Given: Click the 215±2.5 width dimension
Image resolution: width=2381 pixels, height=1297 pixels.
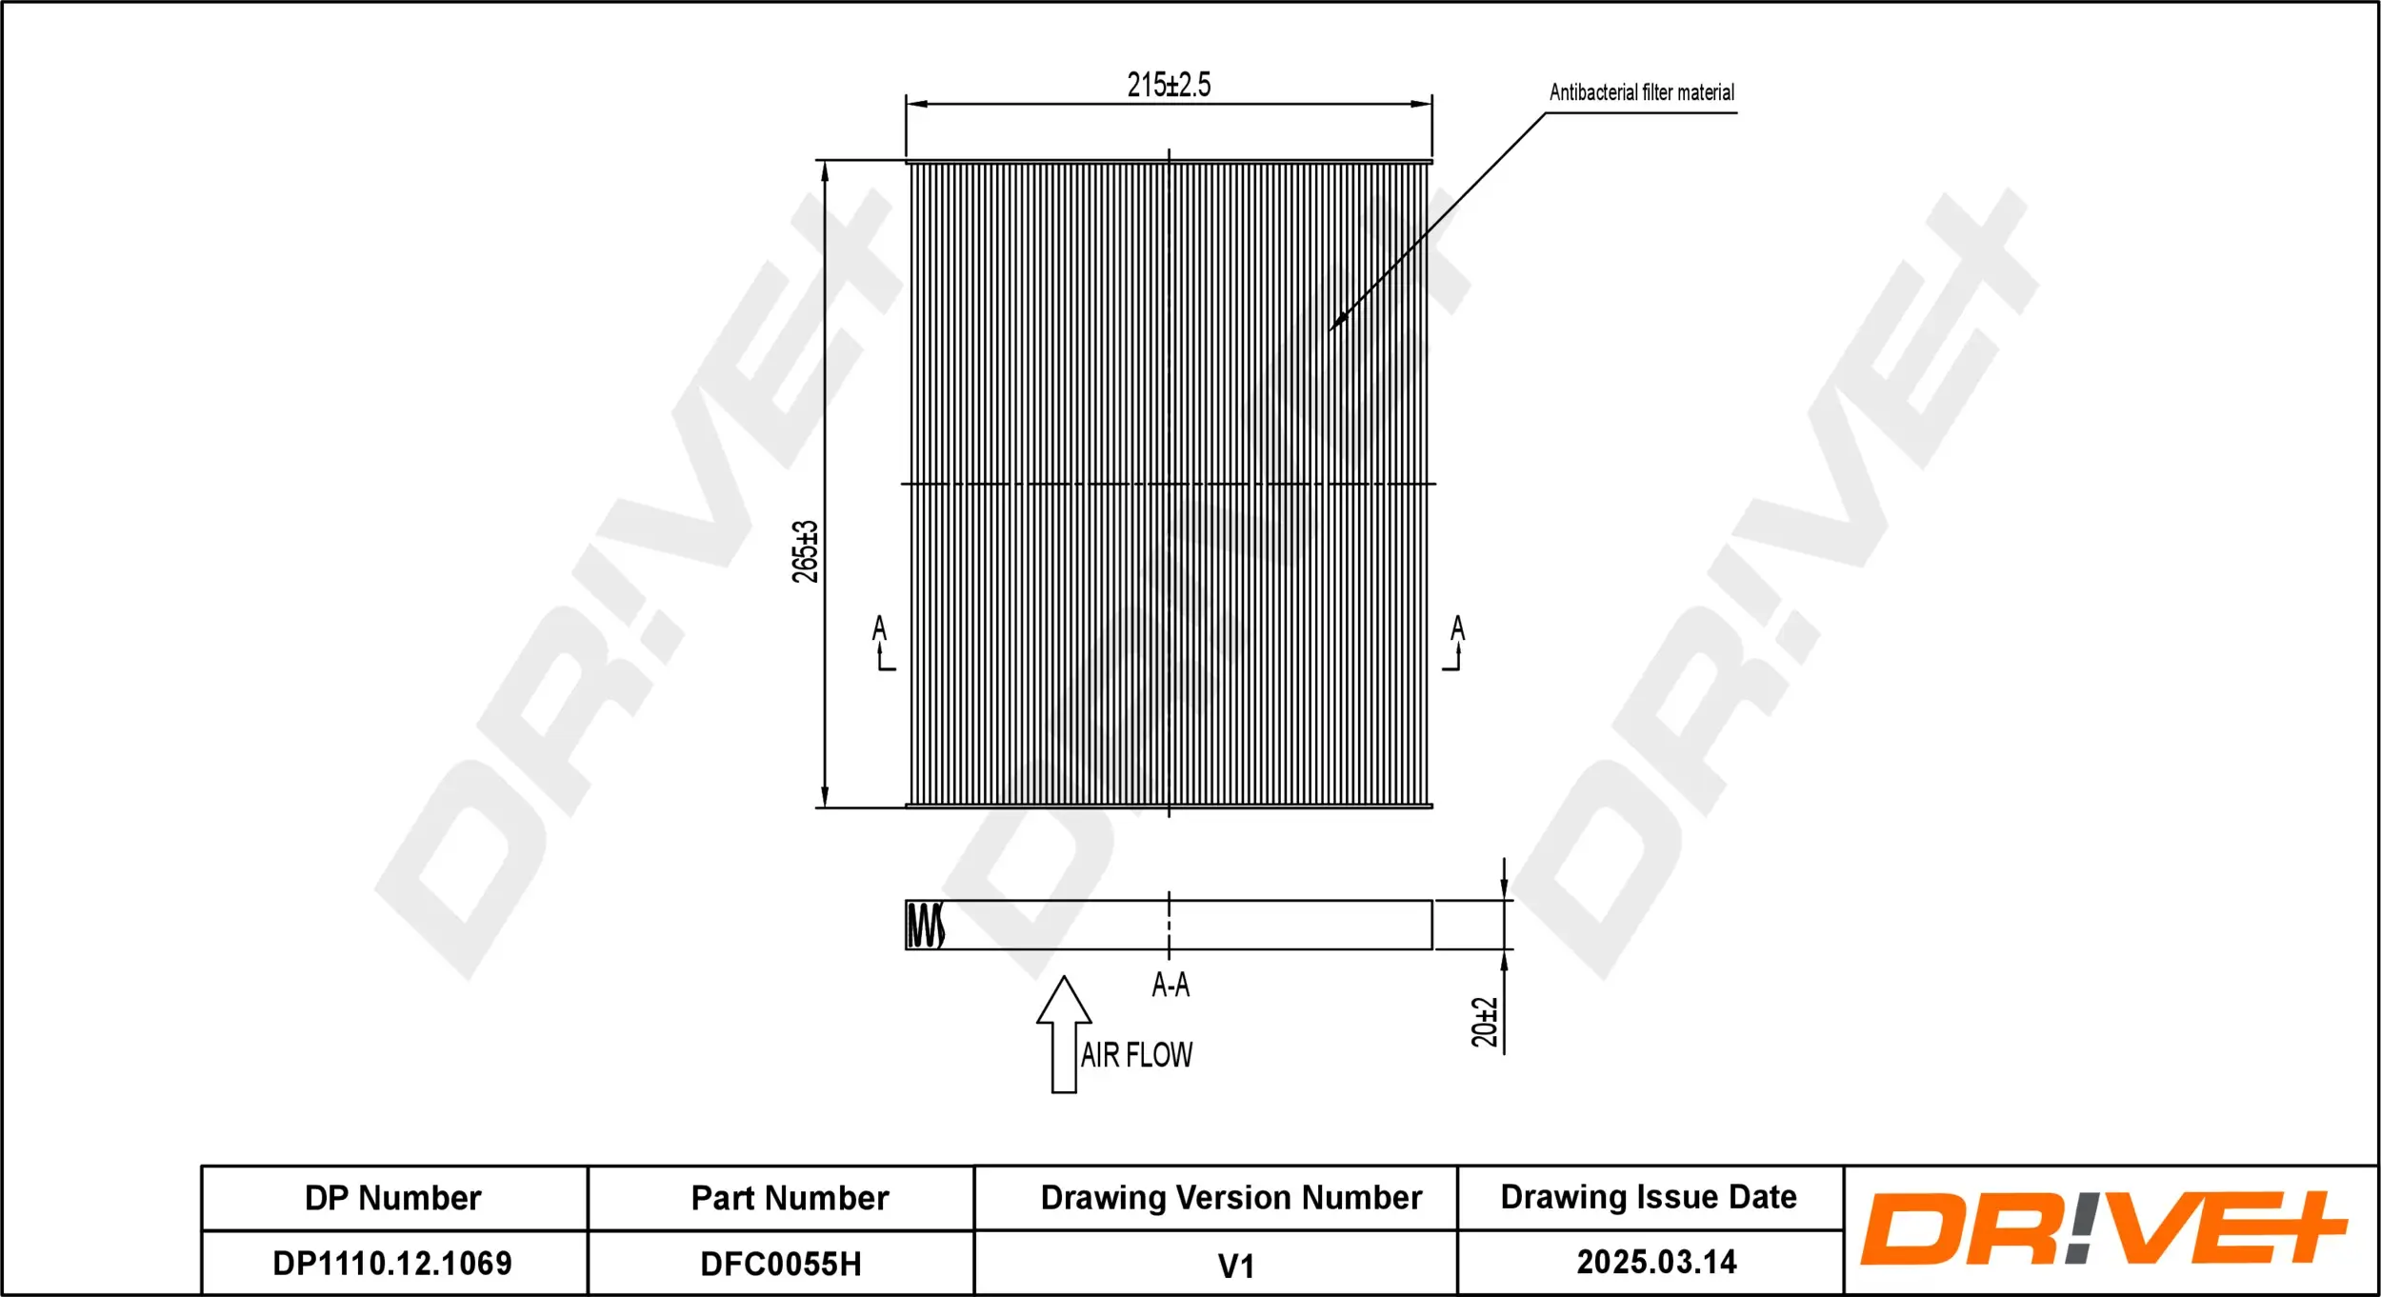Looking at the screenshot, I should (1169, 85).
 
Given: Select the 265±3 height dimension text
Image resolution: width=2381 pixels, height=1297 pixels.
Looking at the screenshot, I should (805, 551).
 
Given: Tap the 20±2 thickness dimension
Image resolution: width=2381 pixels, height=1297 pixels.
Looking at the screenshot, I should (1484, 1023).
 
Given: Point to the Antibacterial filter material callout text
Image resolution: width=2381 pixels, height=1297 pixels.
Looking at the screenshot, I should (1641, 92).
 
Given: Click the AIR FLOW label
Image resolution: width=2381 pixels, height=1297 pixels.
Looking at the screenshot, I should (1136, 1055).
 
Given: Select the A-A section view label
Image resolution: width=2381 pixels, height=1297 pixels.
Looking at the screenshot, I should (1170, 985).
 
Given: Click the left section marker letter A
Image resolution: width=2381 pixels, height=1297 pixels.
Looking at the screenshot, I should (879, 629).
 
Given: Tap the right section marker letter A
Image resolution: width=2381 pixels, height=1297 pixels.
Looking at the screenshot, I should (1457, 629).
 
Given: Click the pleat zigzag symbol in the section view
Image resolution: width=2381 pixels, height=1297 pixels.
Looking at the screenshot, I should (925, 926).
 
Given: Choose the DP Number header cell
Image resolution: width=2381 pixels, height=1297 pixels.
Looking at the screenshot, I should (393, 1198).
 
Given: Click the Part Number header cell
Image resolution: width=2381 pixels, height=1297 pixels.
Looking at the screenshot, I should (790, 1198).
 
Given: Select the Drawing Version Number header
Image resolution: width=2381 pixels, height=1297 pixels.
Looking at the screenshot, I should (1231, 1198).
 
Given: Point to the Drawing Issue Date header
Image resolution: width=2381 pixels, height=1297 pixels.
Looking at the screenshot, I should (1649, 1197).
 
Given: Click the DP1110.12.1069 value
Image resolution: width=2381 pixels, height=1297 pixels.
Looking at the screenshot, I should (392, 1264).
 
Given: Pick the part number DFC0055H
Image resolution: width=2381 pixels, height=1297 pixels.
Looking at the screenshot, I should (781, 1265).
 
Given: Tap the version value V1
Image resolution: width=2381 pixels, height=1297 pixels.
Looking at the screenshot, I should (1236, 1267).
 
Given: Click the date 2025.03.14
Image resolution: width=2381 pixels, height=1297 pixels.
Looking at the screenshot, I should (1656, 1263).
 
